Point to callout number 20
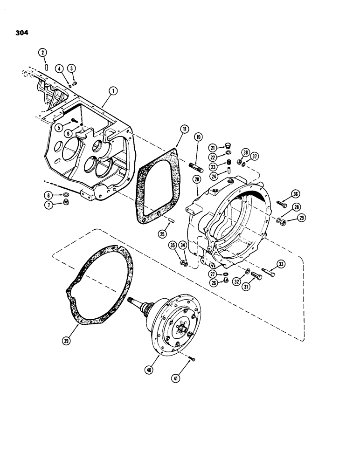pos(198,179)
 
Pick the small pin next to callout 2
pos(48,68)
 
